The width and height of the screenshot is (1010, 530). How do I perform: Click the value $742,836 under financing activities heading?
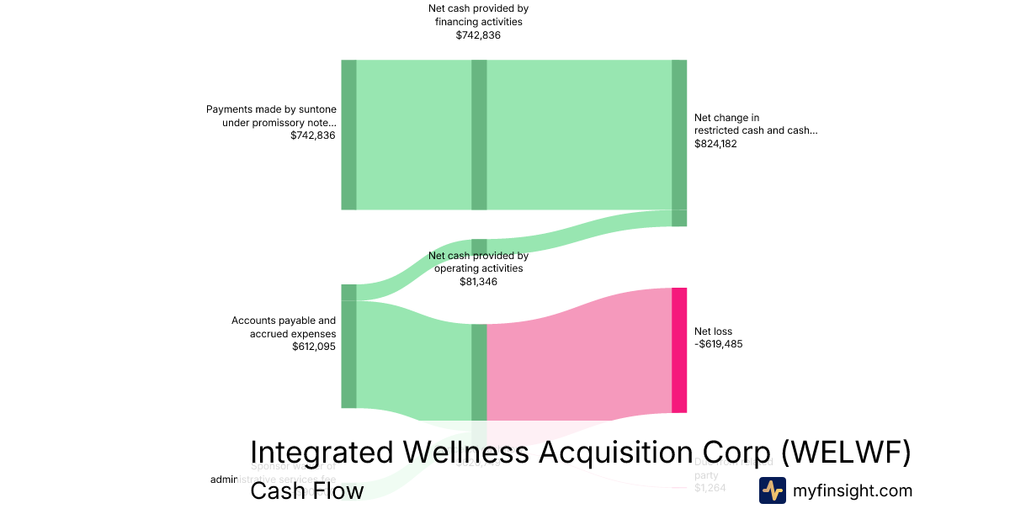pos(478,35)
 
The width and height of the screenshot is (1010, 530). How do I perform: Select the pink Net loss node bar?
pos(679,350)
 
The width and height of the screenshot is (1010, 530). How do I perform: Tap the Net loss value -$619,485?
pos(718,344)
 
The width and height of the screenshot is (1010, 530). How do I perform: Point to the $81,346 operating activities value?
pos(478,282)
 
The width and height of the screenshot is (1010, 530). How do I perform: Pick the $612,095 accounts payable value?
pos(313,347)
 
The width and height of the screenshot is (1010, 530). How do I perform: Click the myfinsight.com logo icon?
pos(772,490)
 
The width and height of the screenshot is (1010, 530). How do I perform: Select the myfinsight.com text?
pos(852,490)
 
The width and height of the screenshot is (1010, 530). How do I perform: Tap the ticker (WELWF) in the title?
pos(846,453)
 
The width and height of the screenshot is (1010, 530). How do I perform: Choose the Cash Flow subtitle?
pos(306,491)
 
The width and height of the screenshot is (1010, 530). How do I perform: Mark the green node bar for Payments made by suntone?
pos(348,135)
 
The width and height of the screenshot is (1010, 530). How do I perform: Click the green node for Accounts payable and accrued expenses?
pos(348,353)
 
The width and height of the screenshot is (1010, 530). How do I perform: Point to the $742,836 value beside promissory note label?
pos(313,135)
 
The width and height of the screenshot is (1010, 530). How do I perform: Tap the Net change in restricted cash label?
pos(755,125)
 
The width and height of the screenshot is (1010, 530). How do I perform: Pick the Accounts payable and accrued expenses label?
pos(284,327)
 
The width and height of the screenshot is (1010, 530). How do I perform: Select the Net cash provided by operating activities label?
pos(478,262)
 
